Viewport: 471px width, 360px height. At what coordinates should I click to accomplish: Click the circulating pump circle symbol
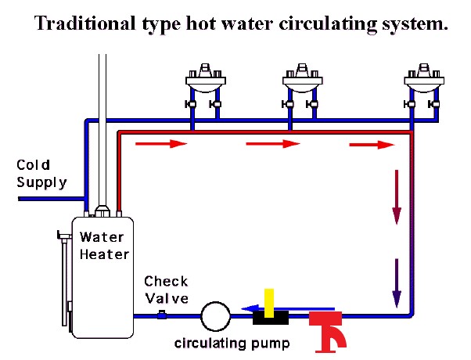coord(214,317)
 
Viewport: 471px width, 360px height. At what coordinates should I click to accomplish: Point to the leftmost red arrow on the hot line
coord(162,144)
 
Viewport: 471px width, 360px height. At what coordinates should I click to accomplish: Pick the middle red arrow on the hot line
coord(273,144)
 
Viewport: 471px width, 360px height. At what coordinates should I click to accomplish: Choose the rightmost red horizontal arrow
coord(372,144)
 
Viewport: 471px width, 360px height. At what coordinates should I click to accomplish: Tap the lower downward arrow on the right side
coord(397,281)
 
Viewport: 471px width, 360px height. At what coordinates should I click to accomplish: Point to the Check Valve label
coord(166,290)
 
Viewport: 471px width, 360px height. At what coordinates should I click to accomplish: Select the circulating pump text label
coord(221,343)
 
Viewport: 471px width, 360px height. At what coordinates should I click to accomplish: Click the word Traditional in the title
coord(83,23)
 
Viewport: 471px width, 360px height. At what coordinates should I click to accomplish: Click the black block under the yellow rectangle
coord(270,318)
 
